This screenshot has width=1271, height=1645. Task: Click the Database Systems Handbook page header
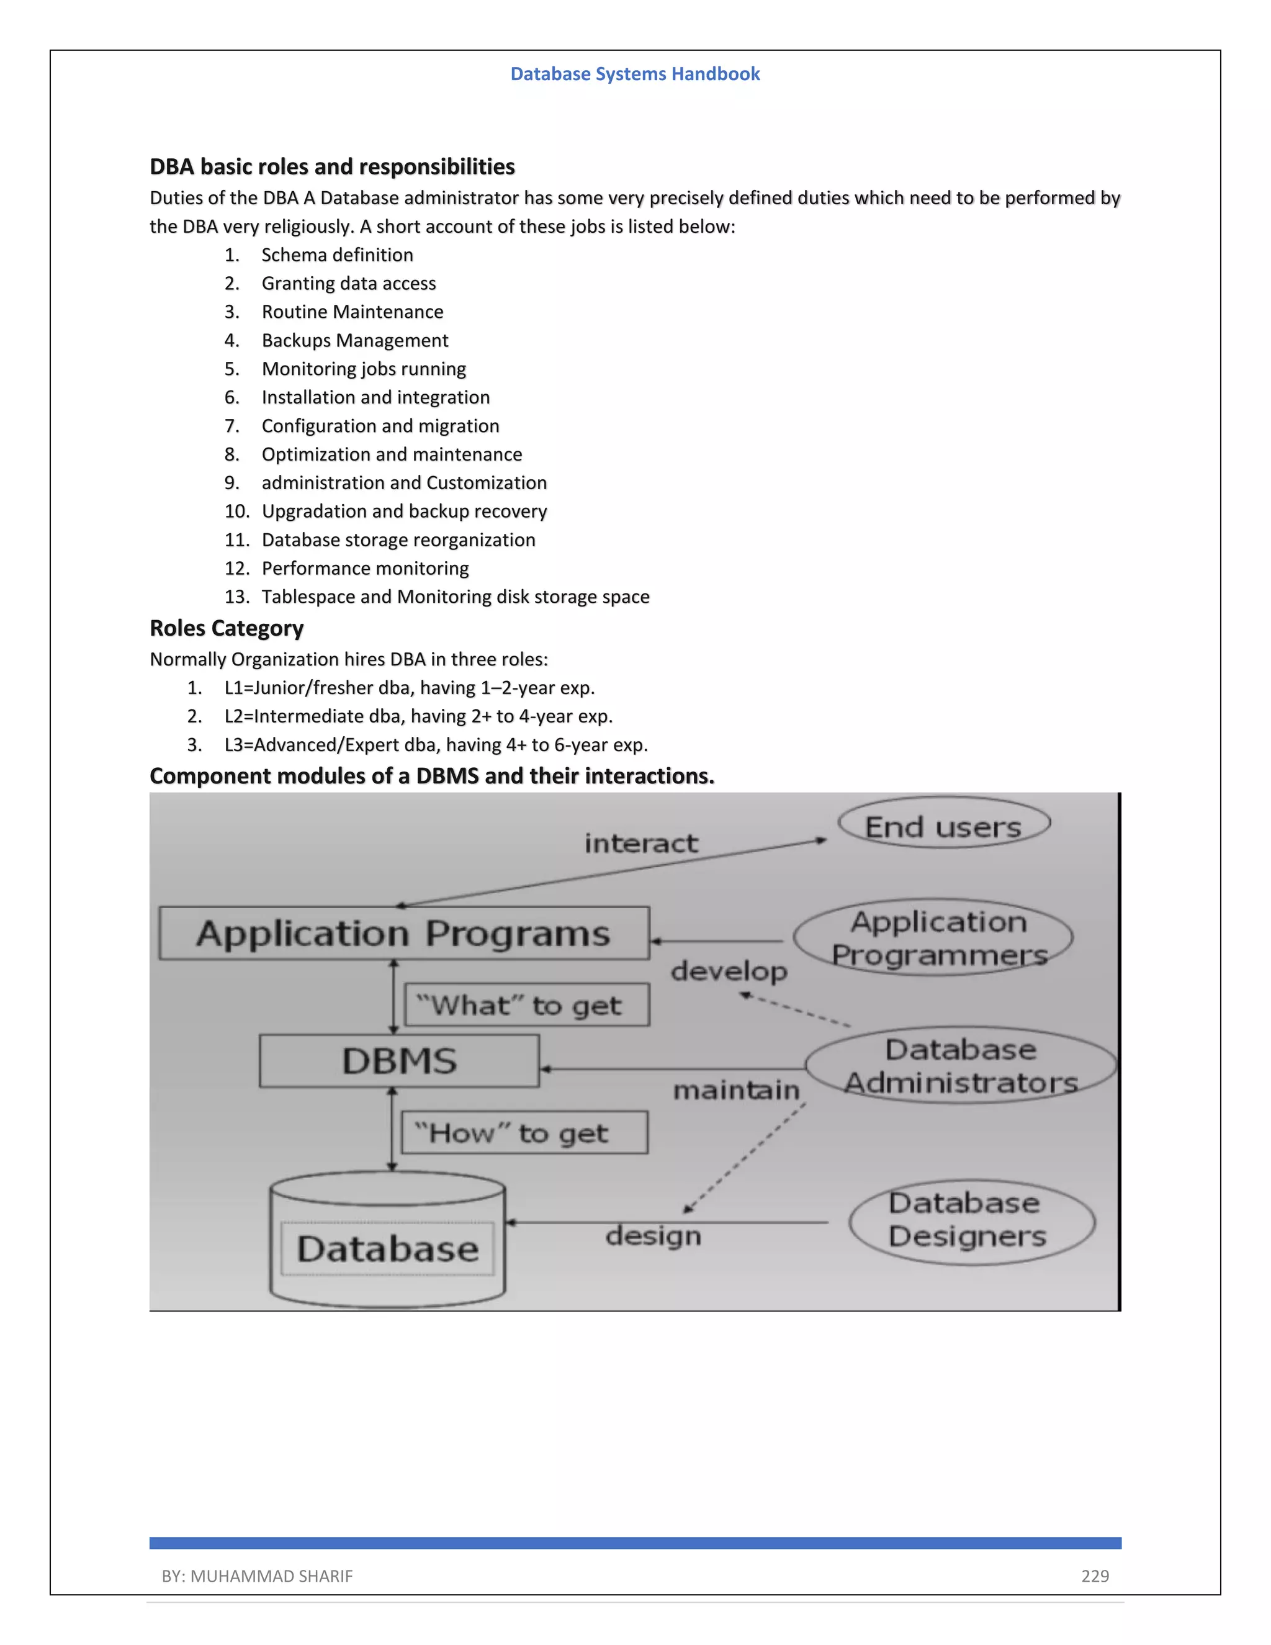click(x=635, y=74)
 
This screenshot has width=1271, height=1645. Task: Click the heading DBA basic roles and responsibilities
click(x=332, y=166)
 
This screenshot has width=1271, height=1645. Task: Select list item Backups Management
click(x=354, y=340)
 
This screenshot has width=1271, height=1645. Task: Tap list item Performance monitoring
click(x=364, y=569)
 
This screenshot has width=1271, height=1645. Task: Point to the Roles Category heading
click(x=227, y=628)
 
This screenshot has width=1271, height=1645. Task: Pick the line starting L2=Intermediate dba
click(x=418, y=716)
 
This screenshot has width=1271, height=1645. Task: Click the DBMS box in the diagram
click(x=399, y=1060)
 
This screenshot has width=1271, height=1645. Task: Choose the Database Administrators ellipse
click(x=960, y=1066)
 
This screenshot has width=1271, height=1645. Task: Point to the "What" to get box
click(x=526, y=1006)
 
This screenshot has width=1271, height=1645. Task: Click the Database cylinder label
click(x=388, y=1249)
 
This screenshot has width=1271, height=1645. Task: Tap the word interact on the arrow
click(x=640, y=844)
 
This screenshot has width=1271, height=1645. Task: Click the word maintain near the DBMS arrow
click(x=735, y=1090)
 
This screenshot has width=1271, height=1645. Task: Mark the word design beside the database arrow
click(x=653, y=1236)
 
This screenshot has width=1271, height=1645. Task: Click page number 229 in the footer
click(x=1095, y=1575)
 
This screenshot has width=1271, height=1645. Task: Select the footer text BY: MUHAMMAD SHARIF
click(x=257, y=1575)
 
